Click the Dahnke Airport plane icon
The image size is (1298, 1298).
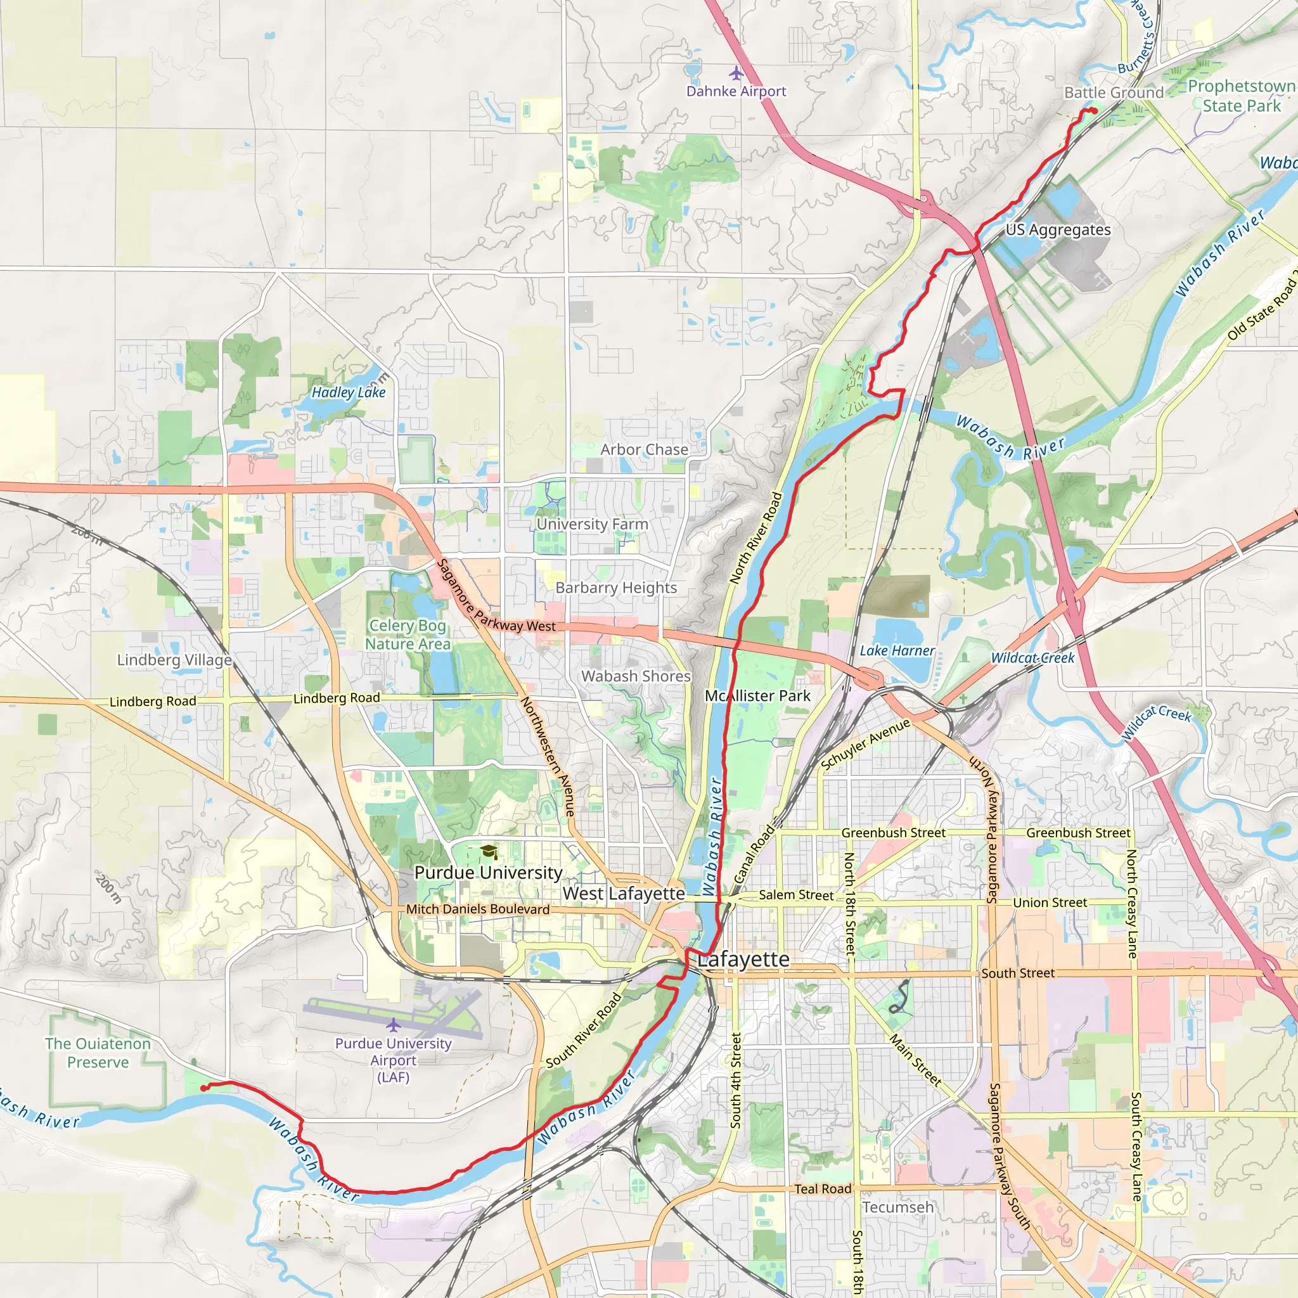(x=736, y=72)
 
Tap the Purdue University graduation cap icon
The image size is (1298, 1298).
(x=489, y=852)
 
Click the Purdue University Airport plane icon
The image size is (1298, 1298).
(x=393, y=1025)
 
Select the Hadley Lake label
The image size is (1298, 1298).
(x=348, y=392)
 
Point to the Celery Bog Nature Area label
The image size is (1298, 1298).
(x=407, y=634)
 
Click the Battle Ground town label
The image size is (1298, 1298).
(x=1113, y=93)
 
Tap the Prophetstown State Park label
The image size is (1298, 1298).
(x=1241, y=96)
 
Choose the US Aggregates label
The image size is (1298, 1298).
(x=1058, y=230)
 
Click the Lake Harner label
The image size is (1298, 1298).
(x=897, y=650)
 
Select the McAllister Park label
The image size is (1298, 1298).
(x=757, y=696)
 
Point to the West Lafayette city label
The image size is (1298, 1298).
(x=624, y=894)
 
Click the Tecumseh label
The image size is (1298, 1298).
(x=897, y=1207)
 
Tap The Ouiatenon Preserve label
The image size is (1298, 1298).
(x=98, y=1053)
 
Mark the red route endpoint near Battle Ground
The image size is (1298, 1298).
(x=1094, y=111)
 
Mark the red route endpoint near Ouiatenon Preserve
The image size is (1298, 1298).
(x=203, y=1088)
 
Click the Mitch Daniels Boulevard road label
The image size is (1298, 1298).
(x=478, y=909)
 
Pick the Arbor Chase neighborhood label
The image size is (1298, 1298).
(x=644, y=449)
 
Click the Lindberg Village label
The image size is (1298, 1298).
(x=174, y=660)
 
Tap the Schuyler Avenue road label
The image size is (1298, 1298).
(x=865, y=743)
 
